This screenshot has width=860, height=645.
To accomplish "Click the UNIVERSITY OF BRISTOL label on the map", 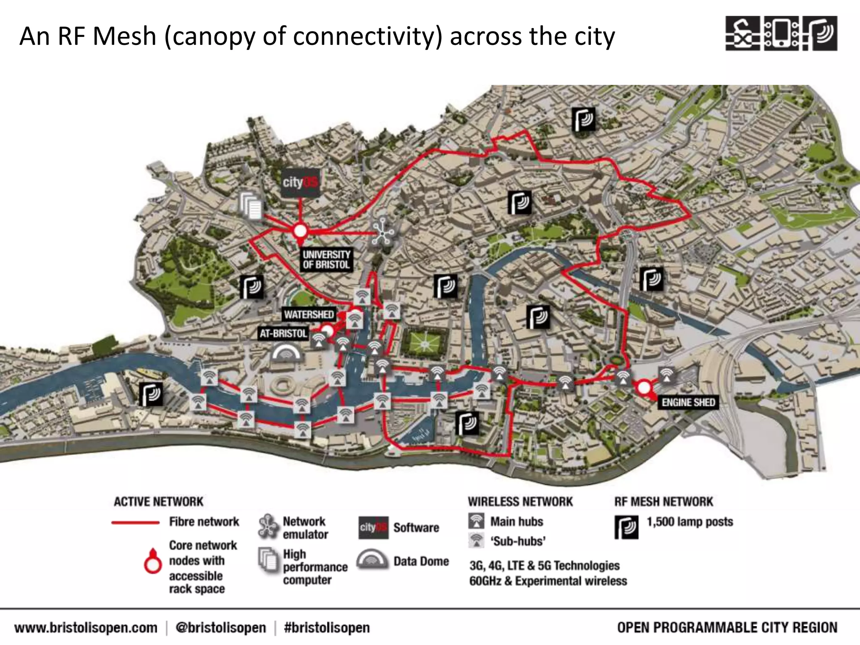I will pyautogui.click(x=326, y=260).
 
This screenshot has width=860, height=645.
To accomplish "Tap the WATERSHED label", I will pyautogui.click(x=309, y=315).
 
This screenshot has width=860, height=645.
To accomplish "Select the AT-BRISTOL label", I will pyautogui.click(x=283, y=334).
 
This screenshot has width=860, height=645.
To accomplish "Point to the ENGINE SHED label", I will pyautogui.click(x=688, y=402).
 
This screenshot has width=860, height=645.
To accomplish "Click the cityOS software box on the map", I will pyautogui.click(x=300, y=183).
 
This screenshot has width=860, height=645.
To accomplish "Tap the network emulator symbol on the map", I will pyautogui.click(x=382, y=233).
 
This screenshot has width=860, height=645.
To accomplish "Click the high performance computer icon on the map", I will pyautogui.click(x=251, y=205).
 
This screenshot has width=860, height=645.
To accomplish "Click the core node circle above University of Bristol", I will pyautogui.click(x=300, y=231).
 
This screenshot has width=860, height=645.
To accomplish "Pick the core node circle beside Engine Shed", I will pyautogui.click(x=644, y=387).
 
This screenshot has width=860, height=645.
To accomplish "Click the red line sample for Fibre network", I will pyautogui.click(x=135, y=523).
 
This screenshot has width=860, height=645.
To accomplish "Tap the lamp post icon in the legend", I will pyautogui.click(x=626, y=527).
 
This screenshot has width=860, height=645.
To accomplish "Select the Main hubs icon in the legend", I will pyautogui.click(x=476, y=522).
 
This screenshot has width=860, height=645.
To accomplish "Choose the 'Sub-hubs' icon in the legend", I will pyautogui.click(x=476, y=540).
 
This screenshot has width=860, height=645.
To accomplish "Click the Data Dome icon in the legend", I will pyautogui.click(x=372, y=560).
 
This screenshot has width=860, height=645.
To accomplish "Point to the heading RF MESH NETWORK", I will pyautogui.click(x=663, y=501).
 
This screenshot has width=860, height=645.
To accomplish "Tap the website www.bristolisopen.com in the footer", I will pyautogui.click(x=86, y=628).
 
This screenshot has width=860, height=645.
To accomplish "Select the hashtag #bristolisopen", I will pyautogui.click(x=327, y=628).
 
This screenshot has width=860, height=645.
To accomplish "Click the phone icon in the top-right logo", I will pyautogui.click(x=781, y=34).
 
